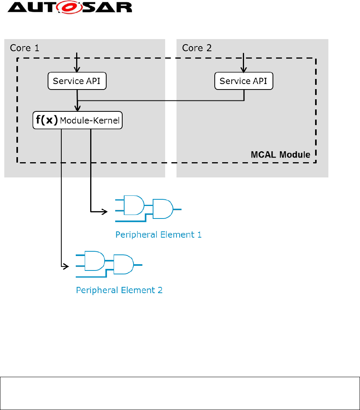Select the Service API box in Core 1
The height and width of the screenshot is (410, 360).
coord(77,81)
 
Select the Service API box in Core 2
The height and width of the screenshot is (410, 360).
coord(244,81)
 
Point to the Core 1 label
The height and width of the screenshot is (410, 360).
coord(24,48)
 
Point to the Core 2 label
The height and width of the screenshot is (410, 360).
coord(198,48)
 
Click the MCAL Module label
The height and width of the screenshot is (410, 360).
coord(280,155)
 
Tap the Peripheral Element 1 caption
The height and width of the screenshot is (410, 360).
coord(158,235)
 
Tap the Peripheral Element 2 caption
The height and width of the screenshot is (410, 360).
coord(119,290)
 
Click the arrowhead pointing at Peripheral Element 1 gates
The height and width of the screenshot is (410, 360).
coord(105,212)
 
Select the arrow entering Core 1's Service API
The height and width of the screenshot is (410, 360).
coord(77,63)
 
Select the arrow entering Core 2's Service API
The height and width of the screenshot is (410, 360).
coord(244,63)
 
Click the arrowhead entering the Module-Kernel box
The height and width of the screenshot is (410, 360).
coord(78,109)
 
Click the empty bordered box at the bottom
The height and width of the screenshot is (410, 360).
coord(180,393)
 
